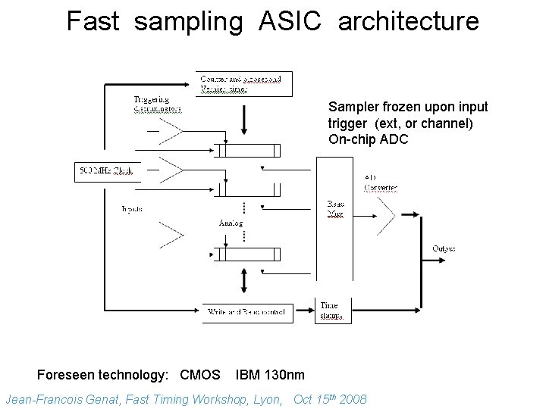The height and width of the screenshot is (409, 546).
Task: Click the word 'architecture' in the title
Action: pos(409,20)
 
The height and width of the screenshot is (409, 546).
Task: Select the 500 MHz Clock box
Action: pos(106,172)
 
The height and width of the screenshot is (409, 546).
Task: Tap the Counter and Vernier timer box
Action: pos(245,83)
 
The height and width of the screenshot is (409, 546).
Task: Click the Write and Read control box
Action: pos(249,311)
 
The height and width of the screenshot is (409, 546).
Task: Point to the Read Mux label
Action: pos(336,209)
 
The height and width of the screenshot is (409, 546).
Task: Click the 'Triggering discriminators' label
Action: pos(157,104)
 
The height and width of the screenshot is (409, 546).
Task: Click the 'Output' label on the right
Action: pos(444,248)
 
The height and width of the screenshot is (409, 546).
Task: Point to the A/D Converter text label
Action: pos(381,183)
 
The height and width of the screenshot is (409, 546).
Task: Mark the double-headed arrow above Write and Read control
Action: pos(243,283)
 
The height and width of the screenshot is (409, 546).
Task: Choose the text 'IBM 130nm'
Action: pos(270,374)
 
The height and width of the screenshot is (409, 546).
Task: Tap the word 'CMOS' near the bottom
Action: pos(200,374)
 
